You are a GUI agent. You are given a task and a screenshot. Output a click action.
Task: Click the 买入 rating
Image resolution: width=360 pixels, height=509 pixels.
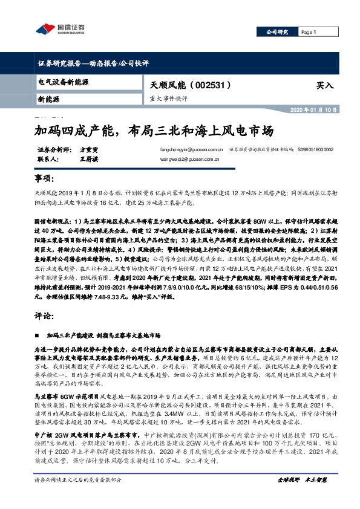(x=325, y=86)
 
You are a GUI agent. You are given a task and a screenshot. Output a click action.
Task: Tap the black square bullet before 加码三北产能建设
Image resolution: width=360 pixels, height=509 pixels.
(x=39, y=334)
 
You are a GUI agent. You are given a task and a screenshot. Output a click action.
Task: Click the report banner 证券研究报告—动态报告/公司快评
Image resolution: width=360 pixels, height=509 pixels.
(x=93, y=63)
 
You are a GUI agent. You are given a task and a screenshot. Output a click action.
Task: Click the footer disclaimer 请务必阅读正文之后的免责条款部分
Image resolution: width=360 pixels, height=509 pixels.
(x=79, y=497)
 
